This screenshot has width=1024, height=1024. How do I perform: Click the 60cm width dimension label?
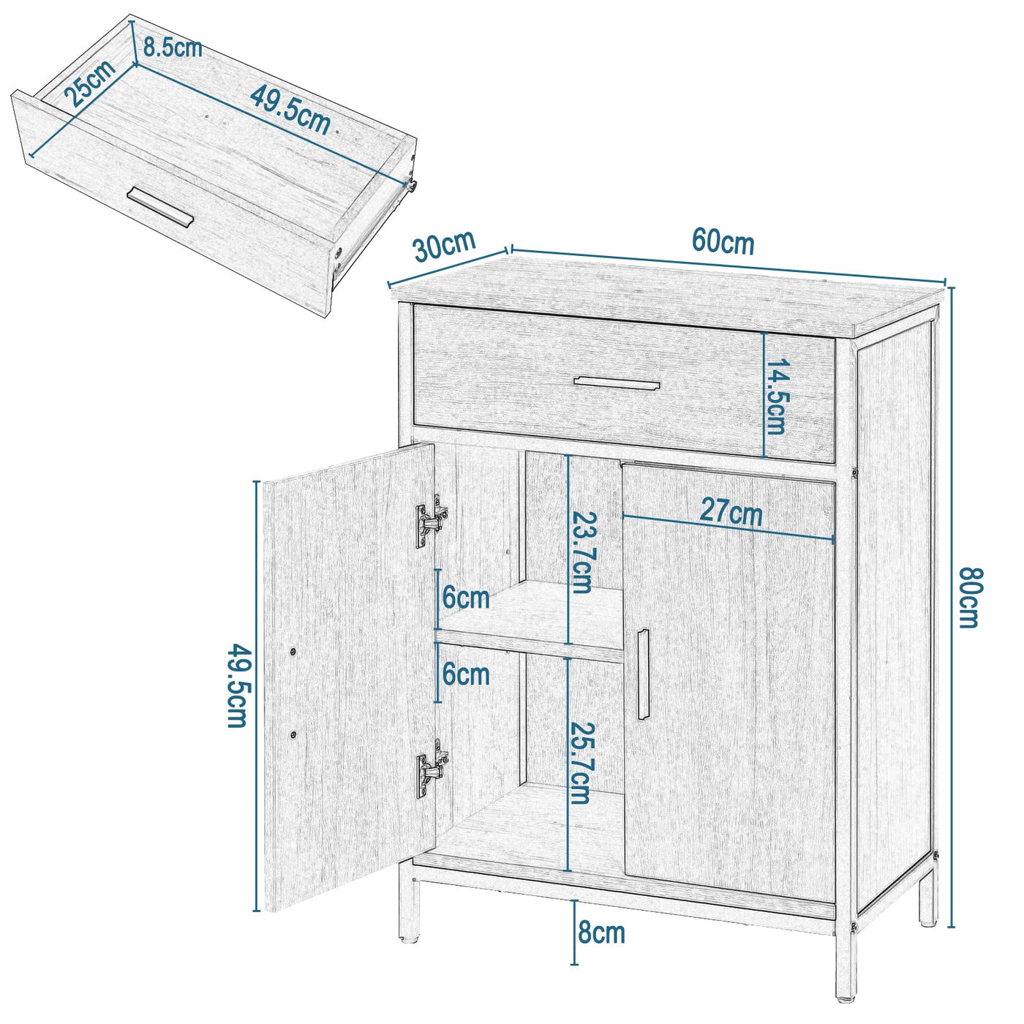[723, 241]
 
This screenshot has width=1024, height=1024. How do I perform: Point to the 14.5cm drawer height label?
[775, 397]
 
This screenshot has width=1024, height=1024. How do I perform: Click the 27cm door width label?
[731, 511]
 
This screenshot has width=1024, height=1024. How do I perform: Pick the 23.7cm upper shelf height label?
[582, 552]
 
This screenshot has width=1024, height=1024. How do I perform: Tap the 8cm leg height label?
[601, 933]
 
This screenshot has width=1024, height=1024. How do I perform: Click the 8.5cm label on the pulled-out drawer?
[173, 49]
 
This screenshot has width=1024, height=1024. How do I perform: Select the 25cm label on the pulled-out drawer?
[89, 82]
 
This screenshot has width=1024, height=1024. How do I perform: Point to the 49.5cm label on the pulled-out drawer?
[290, 110]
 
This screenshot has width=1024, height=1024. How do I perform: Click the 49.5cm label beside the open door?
[236, 685]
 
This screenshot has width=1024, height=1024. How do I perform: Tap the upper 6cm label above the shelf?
[466, 598]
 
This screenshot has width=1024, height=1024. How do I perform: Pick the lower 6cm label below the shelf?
[466, 674]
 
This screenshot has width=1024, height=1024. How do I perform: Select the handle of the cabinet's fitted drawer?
[617, 383]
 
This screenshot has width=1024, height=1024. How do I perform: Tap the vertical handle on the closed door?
[643, 674]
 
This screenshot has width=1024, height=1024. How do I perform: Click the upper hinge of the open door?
[431, 520]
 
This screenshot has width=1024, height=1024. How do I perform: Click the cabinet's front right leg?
[846, 965]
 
